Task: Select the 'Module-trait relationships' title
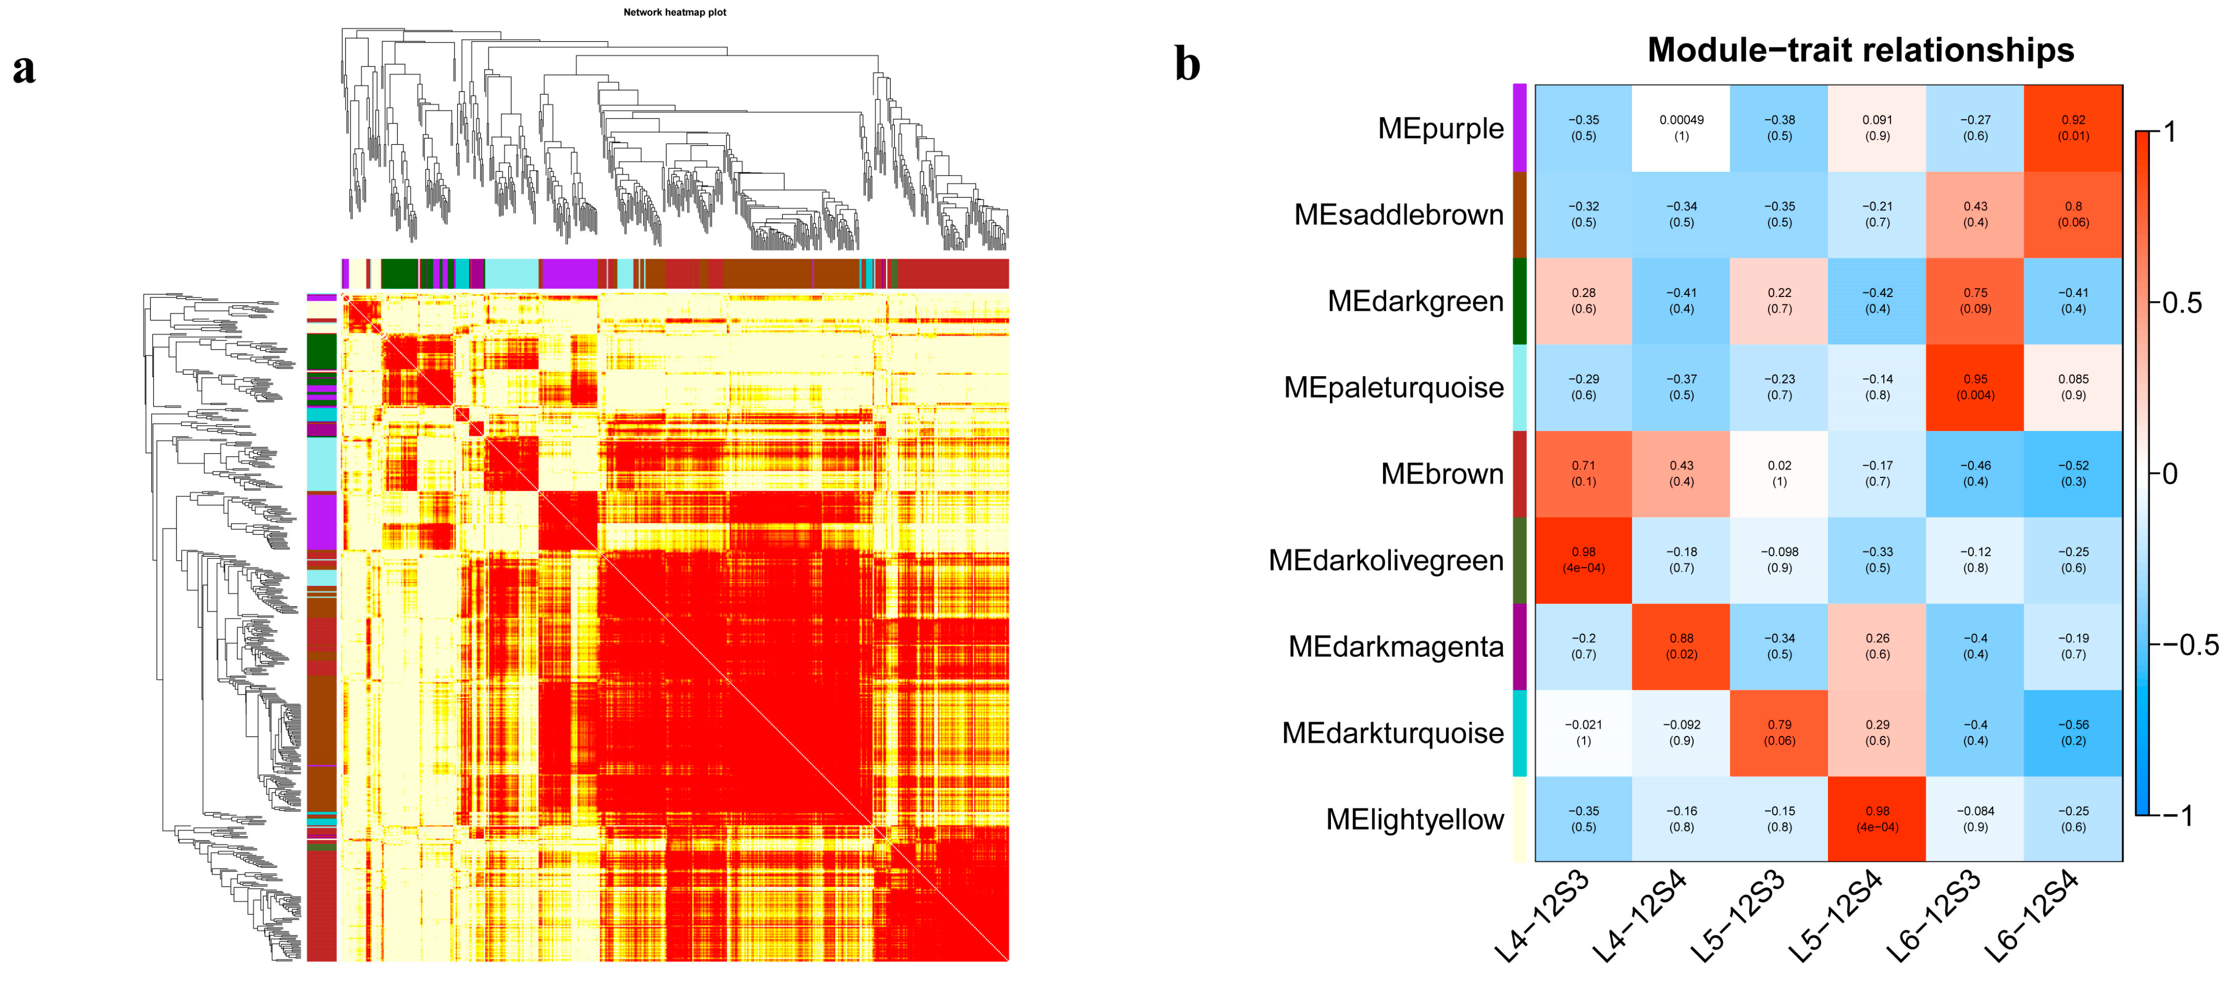[x=1860, y=51]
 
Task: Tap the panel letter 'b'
[x=1187, y=64]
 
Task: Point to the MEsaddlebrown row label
[x=1398, y=215]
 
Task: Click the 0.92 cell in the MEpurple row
[x=2073, y=128]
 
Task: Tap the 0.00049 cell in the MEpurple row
[x=1681, y=128]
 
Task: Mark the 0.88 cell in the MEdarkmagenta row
[x=1681, y=646]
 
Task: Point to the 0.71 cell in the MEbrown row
[x=1583, y=473]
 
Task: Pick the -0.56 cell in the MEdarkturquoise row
[x=2073, y=732]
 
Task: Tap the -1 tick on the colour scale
[x=2177, y=815]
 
